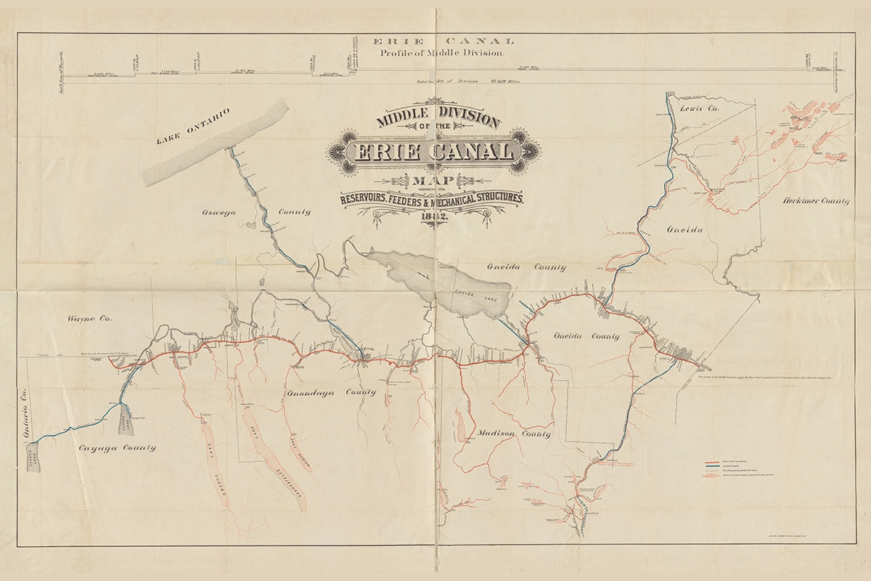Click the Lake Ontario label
click(x=193, y=127)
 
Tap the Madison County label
click(x=514, y=434)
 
